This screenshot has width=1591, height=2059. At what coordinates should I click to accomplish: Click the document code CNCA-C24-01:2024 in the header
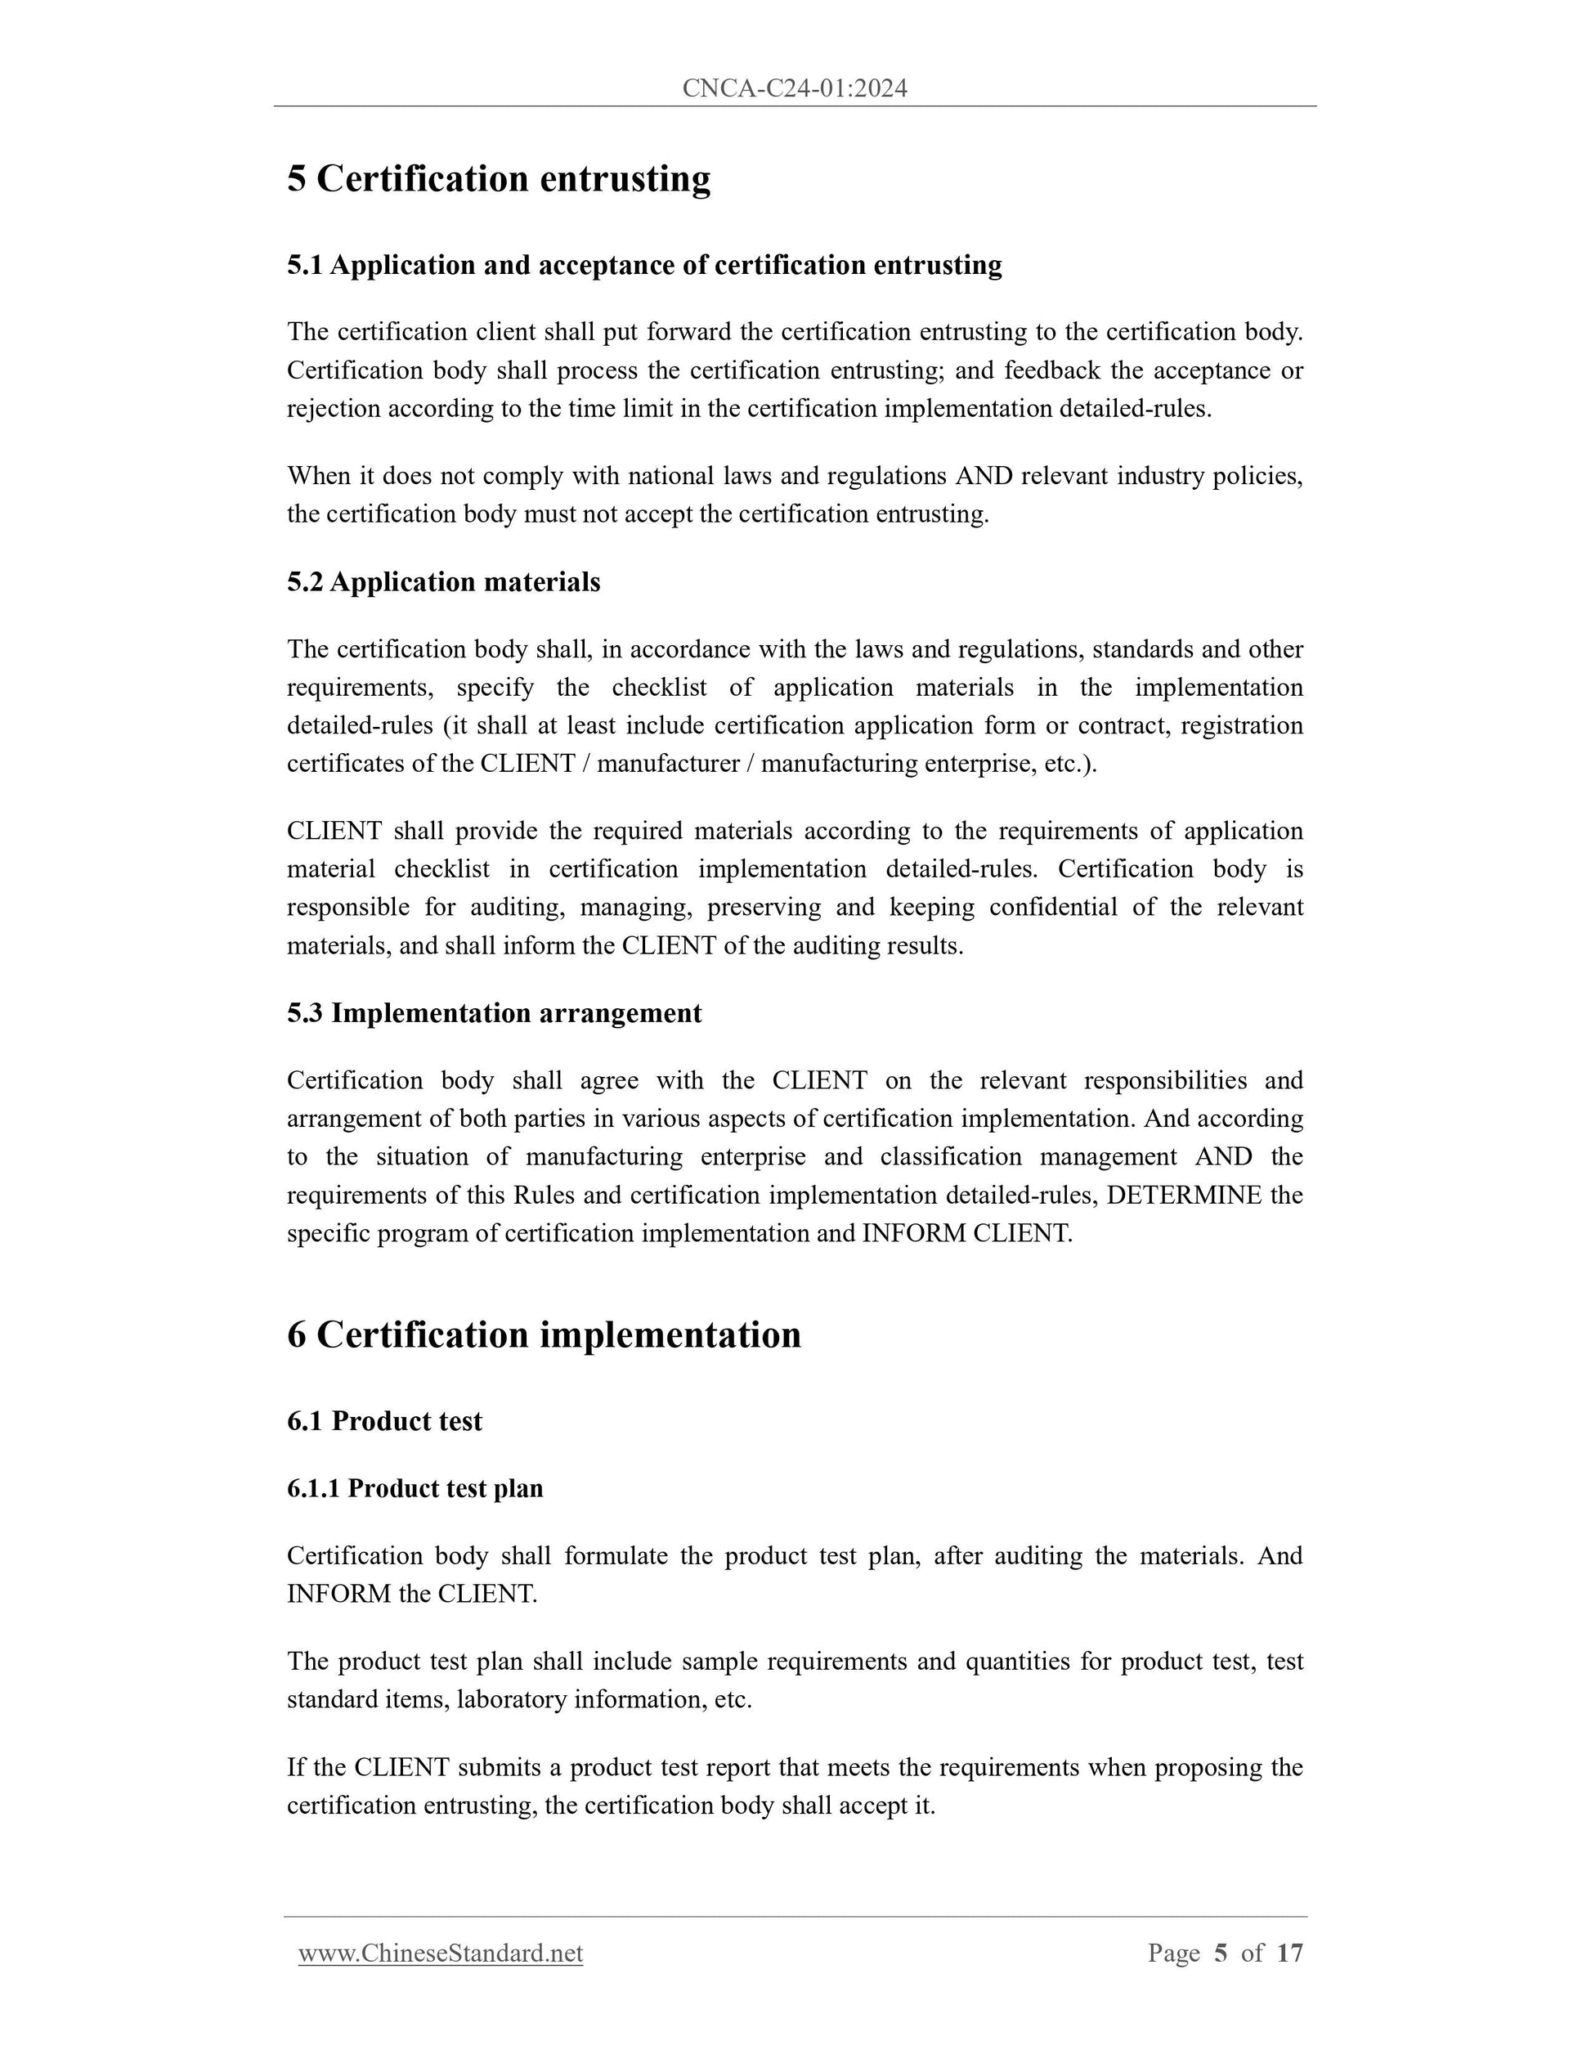click(x=794, y=88)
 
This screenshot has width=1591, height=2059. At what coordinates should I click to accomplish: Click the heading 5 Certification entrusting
click(x=499, y=179)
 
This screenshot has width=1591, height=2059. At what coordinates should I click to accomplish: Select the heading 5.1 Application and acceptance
click(x=643, y=266)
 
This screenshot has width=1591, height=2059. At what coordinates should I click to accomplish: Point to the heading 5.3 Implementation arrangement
click(x=494, y=1013)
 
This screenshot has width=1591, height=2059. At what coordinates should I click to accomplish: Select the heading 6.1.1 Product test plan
click(x=415, y=1488)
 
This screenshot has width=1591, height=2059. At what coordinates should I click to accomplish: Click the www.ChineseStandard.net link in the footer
click(x=440, y=1954)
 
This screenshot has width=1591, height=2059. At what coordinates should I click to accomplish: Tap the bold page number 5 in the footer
click(x=1221, y=1954)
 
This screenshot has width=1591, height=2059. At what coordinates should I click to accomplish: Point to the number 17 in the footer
click(x=1289, y=1954)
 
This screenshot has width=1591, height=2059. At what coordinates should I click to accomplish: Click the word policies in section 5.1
click(x=1257, y=476)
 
